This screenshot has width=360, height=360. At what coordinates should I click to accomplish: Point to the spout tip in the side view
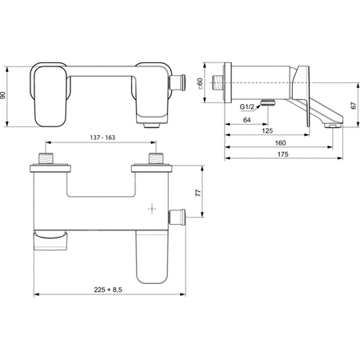[333, 123]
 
